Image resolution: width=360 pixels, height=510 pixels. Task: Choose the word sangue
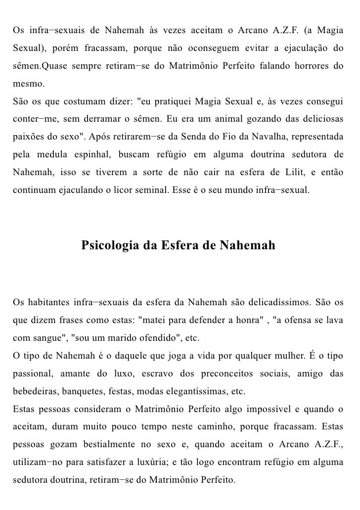[x=49, y=339]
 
